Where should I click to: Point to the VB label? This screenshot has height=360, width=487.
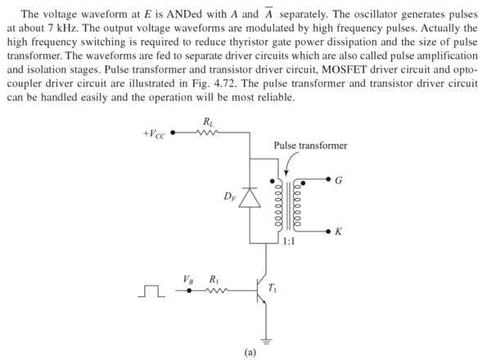(x=190, y=279)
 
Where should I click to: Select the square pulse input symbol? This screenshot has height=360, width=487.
(x=153, y=290)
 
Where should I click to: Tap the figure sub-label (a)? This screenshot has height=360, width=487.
(x=250, y=353)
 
